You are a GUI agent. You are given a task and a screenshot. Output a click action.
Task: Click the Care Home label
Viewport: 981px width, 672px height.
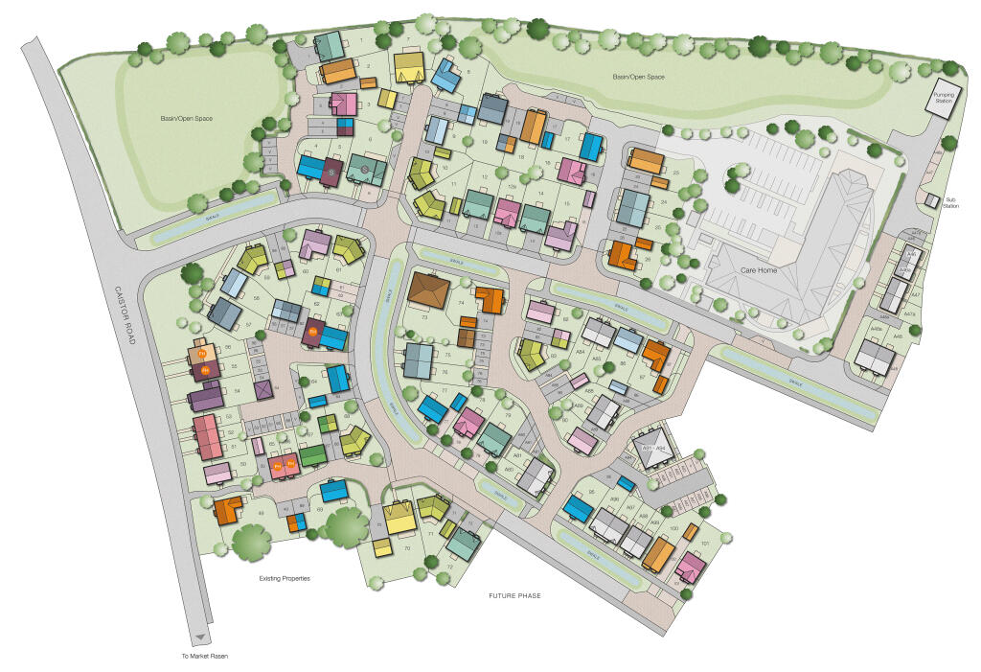coord(759,270)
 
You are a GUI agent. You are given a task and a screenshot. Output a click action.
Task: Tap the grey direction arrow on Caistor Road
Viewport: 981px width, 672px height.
coord(199,637)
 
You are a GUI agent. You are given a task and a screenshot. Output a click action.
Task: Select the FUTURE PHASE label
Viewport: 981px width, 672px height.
coord(514,596)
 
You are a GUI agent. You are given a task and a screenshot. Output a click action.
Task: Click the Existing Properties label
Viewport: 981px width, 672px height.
coord(285,579)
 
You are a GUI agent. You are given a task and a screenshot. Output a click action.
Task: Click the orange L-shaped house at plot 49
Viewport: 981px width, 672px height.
coord(228,509)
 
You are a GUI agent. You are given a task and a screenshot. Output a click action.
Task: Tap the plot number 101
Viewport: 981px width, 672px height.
coord(704,544)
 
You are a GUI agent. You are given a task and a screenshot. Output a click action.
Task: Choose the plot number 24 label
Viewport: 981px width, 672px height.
coord(662,203)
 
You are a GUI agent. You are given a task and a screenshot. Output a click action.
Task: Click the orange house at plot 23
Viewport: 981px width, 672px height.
coord(646,160)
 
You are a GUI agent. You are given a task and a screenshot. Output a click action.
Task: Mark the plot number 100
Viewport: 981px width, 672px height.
coord(673,528)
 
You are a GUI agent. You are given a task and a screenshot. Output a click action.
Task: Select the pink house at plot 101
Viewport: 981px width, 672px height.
coord(690,568)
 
